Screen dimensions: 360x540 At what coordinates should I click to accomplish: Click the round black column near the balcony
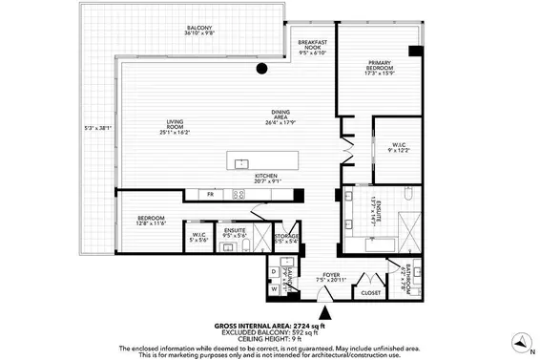(260, 69)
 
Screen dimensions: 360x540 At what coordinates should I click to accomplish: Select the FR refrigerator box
(212, 194)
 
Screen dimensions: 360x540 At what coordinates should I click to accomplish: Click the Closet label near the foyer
(370, 292)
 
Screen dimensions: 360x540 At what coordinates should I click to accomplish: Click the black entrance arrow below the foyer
(326, 310)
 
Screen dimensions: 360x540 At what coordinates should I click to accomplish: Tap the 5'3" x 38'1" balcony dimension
(99, 129)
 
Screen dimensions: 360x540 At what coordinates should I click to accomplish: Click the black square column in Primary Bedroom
(412, 50)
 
